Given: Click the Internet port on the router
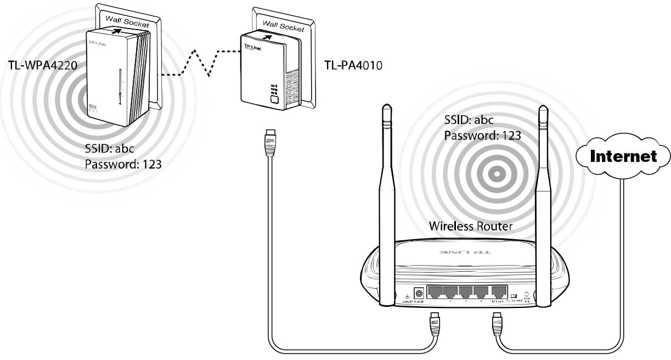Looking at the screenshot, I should point(498,292).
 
